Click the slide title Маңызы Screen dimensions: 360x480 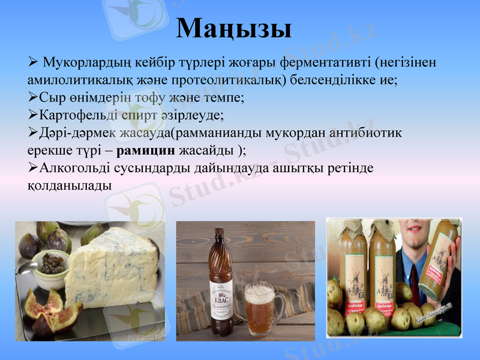pos(235,28)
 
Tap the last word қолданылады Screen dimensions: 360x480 pos(70,185)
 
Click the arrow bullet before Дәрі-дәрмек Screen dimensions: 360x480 pos(32,131)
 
